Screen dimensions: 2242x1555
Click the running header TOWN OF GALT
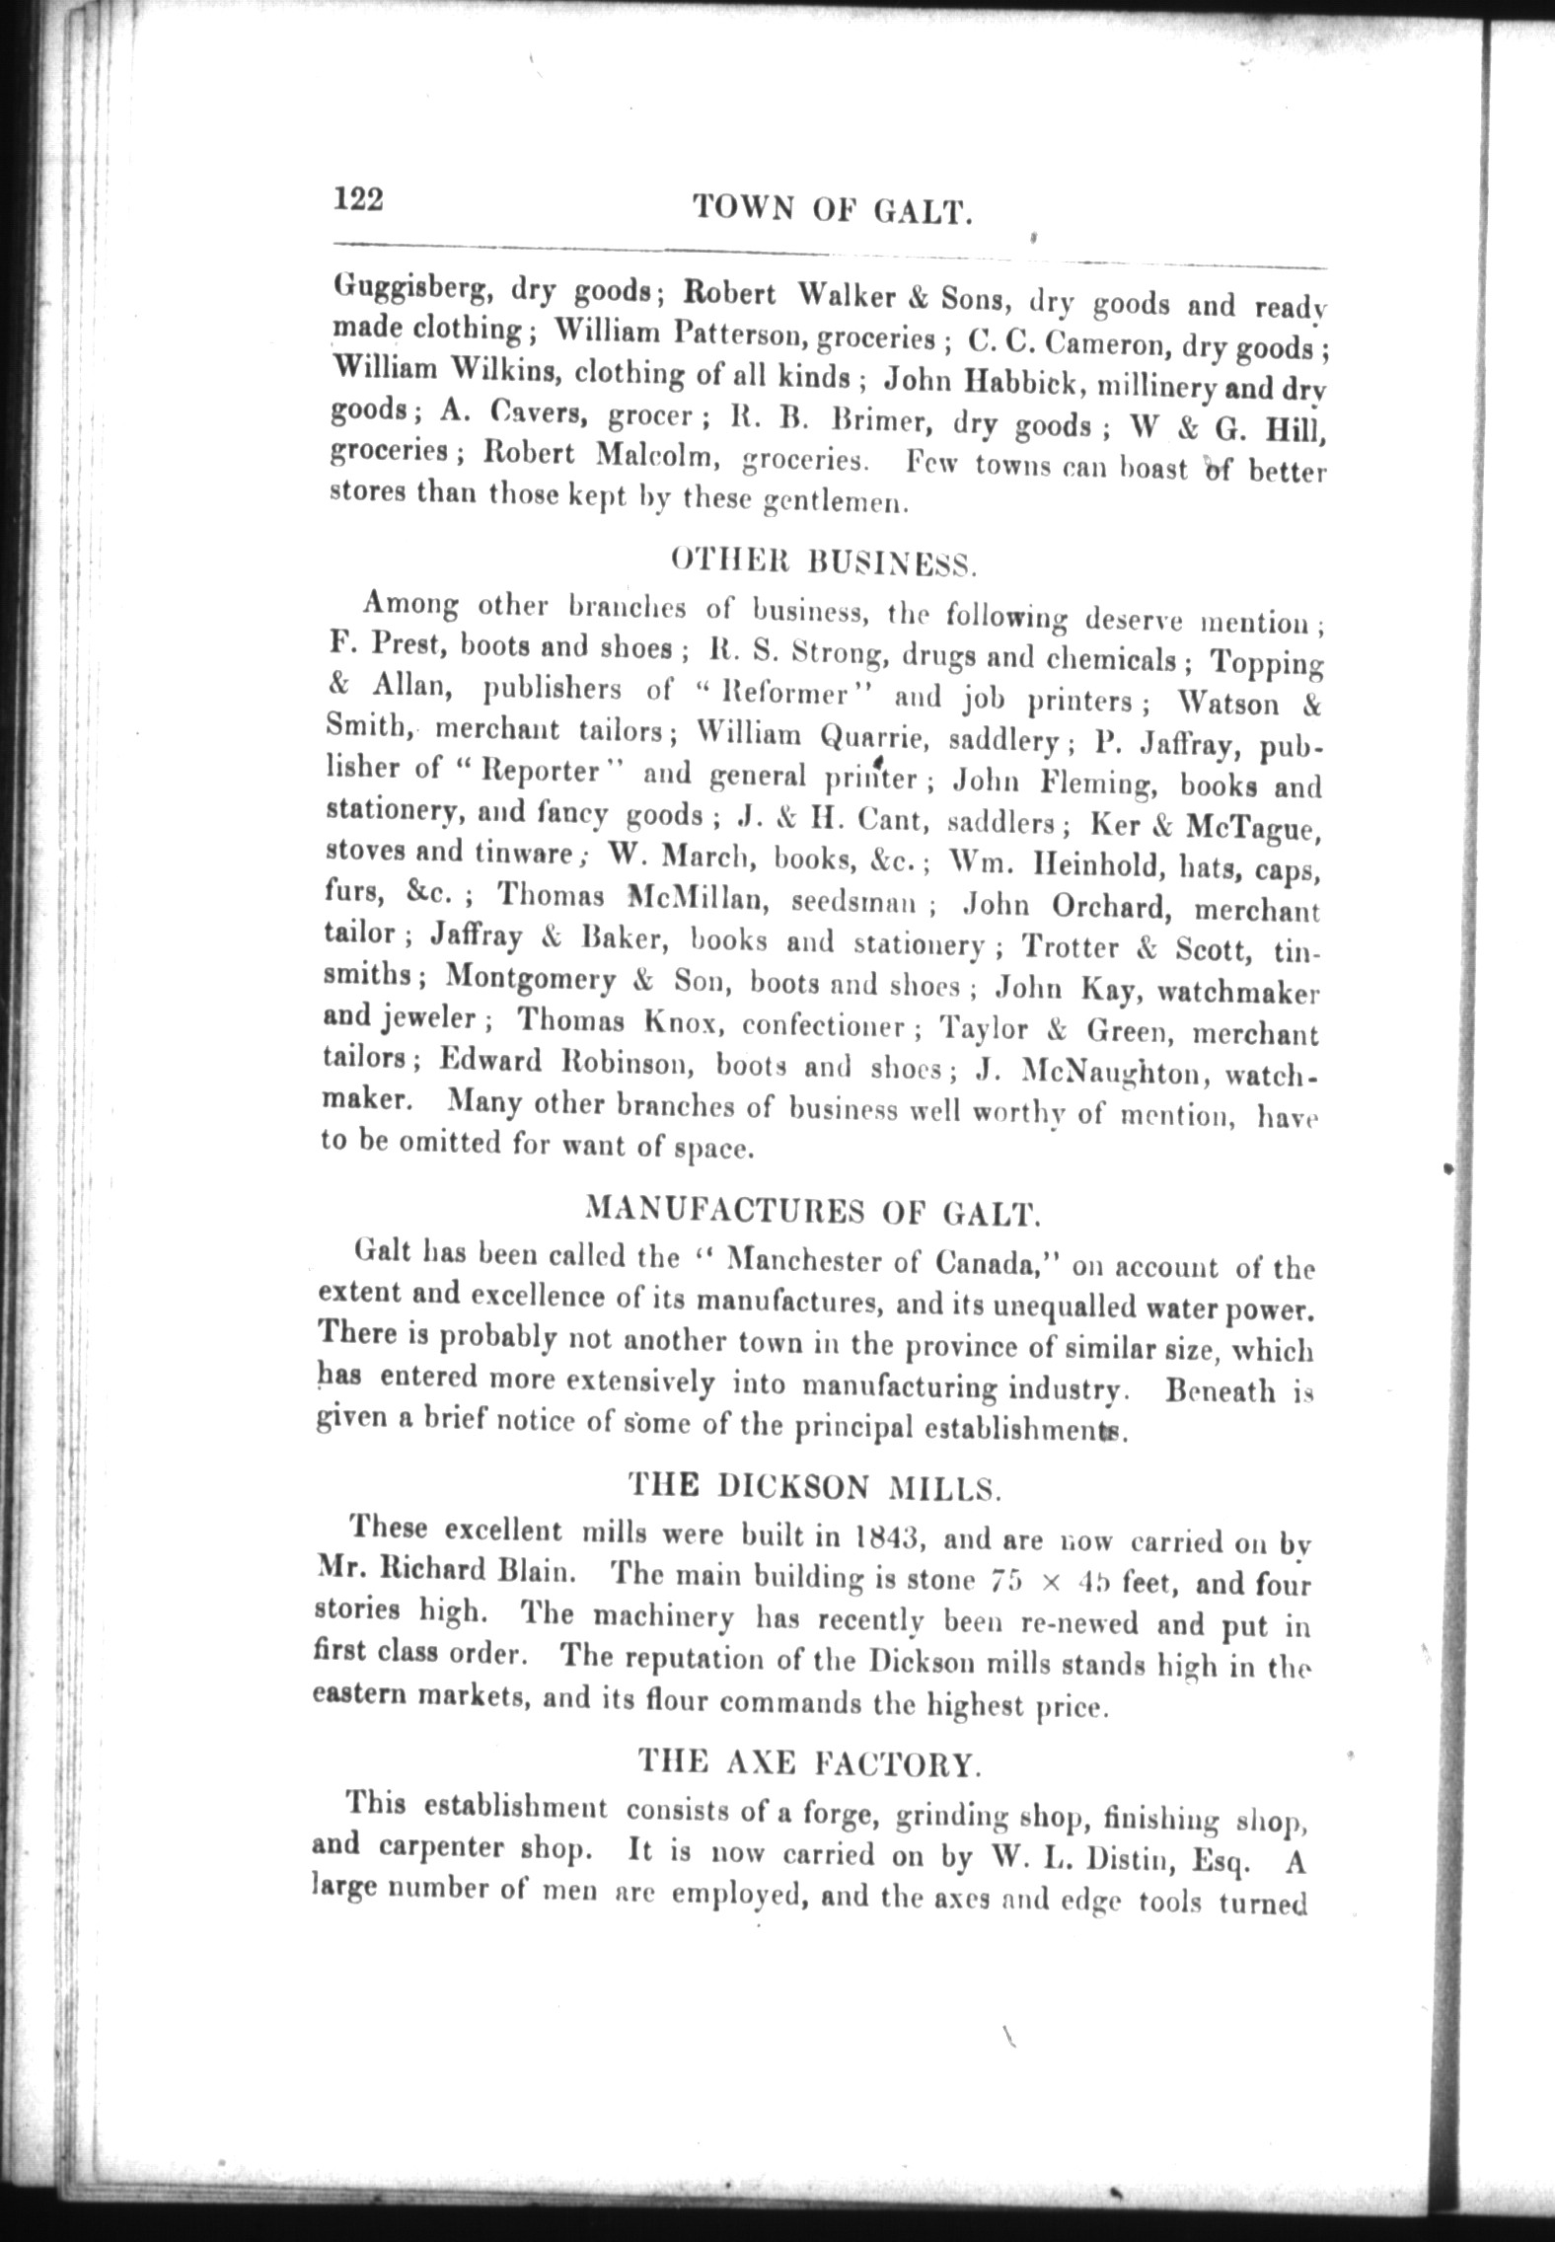tap(833, 209)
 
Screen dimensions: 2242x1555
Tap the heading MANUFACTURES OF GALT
tap(812, 1212)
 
